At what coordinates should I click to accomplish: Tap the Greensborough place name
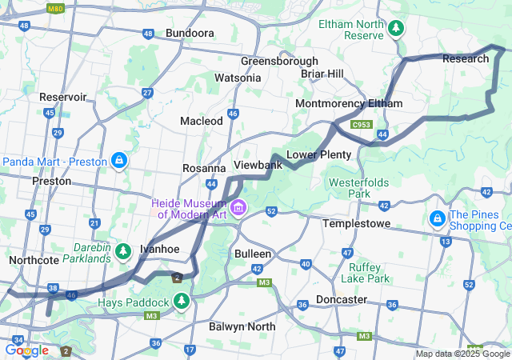click(279, 61)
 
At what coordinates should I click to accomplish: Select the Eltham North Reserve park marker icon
click(395, 30)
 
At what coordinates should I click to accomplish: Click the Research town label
click(465, 58)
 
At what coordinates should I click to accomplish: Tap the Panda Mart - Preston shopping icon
click(119, 161)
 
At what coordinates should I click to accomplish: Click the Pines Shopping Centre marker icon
click(438, 218)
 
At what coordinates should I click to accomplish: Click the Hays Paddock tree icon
click(182, 302)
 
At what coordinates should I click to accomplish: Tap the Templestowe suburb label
click(354, 224)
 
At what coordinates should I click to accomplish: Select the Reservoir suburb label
click(62, 96)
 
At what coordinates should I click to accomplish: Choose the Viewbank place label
click(258, 164)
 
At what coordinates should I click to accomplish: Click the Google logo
click(26, 350)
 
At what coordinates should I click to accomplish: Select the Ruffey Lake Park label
click(365, 273)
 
